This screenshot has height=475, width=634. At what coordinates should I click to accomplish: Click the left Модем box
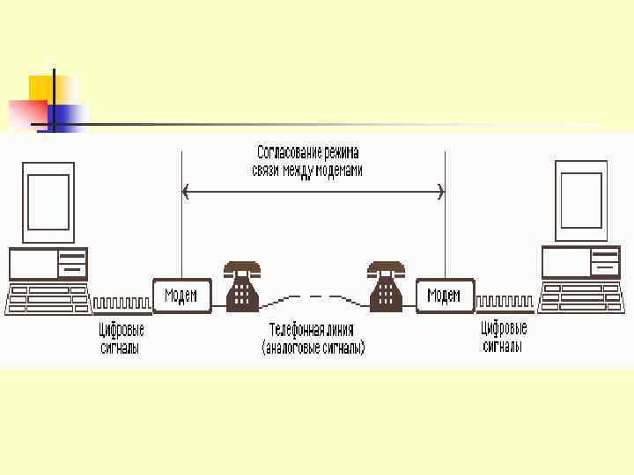tap(182, 295)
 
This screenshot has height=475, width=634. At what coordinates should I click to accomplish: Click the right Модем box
tap(445, 295)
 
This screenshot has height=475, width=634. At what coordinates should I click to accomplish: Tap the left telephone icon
tap(242, 286)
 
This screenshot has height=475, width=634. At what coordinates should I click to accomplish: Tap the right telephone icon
tap(386, 286)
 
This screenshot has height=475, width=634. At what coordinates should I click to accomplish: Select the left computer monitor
tap(48, 202)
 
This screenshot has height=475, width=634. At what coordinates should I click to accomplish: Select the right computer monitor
tap(581, 201)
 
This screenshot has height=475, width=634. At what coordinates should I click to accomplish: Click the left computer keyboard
tap(48, 299)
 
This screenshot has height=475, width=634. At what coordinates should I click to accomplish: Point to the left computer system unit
tap(48, 263)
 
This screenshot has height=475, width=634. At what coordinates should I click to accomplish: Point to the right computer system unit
tap(580, 261)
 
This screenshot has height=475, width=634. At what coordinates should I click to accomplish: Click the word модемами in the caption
tap(337, 171)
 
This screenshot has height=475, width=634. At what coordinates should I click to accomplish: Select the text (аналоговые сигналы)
tap(313, 348)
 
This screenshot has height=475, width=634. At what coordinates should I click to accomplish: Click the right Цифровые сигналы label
tap(504, 338)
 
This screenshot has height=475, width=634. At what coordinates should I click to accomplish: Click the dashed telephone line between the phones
tap(313, 297)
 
